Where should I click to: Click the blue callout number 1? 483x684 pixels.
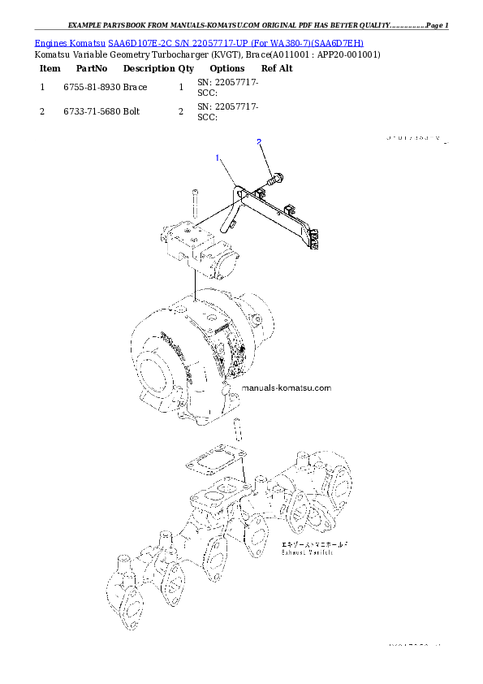(x=218, y=158)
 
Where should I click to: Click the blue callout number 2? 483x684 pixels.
(x=259, y=142)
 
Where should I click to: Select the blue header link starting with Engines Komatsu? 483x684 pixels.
(x=199, y=41)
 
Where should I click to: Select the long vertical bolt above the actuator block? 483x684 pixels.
(x=195, y=203)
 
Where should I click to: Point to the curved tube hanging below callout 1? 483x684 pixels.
(x=232, y=211)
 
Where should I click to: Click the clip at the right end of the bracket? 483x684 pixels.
(x=315, y=239)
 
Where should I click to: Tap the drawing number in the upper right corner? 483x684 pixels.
(x=414, y=139)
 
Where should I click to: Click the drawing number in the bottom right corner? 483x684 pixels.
(x=414, y=646)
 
